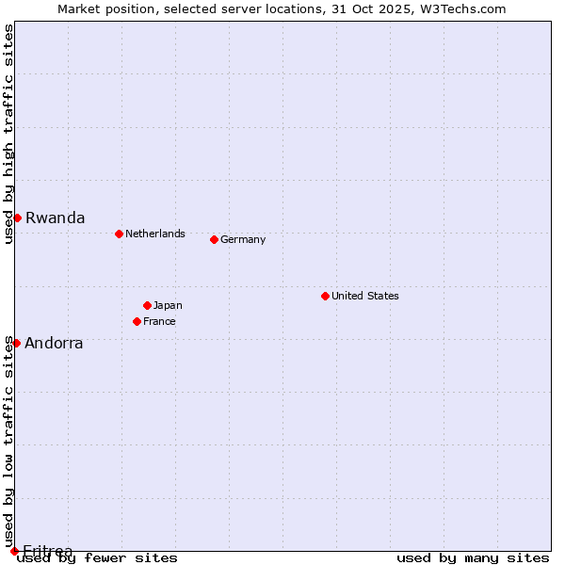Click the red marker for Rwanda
click(x=17, y=218)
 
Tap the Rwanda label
click(x=55, y=218)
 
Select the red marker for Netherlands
click(x=119, y=234)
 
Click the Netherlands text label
click(x=154, y=234)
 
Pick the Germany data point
click(x=214, y=239)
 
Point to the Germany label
click(x=243, y=239)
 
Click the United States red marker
click(x=325, y=296)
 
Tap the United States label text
click(x=364, y=296)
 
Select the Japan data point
click(x=147, y=305)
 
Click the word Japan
click(x=168, y=305)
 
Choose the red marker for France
click(x=137, y=321)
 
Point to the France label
click(x=159, y=321)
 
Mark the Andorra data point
click(x=16, y=343)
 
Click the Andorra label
click(x=54, y=343)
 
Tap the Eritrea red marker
click(x=14, y=551)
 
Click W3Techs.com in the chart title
click(x=467, y=8)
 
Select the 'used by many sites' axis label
click(x=473, y=558)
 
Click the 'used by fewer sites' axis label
click(x=99, y=558)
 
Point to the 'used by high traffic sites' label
click(x=8, y=135)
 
